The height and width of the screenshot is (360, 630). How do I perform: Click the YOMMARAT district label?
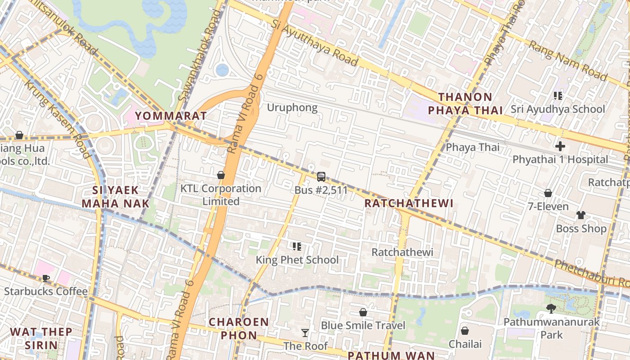[171, 116]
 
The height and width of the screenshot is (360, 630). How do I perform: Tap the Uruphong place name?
[292, 108]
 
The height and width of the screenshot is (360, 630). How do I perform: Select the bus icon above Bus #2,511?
[321, 177]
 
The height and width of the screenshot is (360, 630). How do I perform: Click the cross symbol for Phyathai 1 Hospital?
[560, 146]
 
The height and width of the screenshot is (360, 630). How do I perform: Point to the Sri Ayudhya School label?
[558, 109]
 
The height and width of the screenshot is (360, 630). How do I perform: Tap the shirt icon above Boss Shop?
[581, 215]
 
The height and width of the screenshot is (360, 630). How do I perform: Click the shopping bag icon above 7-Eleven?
[548, 193]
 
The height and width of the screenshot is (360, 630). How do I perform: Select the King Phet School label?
[297, 260]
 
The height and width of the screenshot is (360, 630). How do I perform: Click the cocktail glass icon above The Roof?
[305, 333]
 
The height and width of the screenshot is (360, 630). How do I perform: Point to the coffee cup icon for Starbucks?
[45, 278]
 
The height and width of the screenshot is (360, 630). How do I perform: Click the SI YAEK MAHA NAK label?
[115, 197]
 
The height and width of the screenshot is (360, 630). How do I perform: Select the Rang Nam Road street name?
[567, 60]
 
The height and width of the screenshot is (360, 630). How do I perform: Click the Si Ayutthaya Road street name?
[315, 42]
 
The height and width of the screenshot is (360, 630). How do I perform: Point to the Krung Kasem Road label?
[56, 119]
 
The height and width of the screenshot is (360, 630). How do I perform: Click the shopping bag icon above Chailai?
[465, 331]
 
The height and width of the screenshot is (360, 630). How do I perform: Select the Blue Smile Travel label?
[363, 325]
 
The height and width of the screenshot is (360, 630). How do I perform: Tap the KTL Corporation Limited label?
[220, 195]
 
